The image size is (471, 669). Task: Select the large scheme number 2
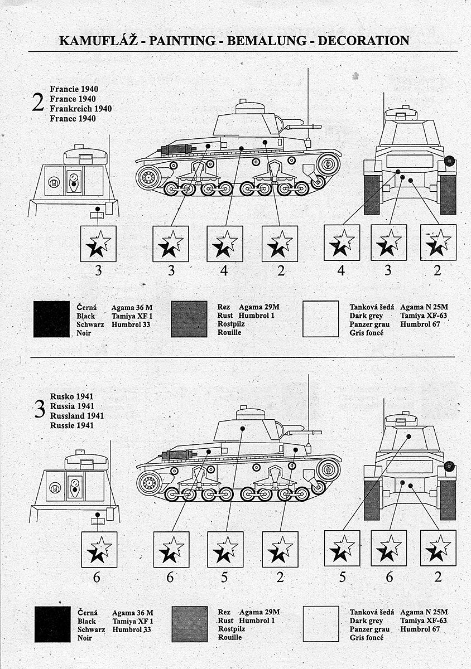tap(39, 103)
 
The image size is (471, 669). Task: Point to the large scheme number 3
tap(39, 410)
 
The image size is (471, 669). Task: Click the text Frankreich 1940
tap(81, 108)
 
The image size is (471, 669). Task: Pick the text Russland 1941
tap(76, 415)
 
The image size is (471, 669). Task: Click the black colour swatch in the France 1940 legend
tap(52, 319)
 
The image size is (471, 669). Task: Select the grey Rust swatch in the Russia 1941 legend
tap(190, 624)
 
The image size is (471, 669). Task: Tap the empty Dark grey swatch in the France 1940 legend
tap(321, 319)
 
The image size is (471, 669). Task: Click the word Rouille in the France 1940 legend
tap(229, 333)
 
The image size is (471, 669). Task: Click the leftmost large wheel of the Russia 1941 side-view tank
tap(149, 482)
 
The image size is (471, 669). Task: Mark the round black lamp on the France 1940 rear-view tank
tap(450, 162)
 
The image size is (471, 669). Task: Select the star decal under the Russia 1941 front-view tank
tap(99, 549)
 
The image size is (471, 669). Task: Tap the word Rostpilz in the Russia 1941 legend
tap(230, 629)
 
